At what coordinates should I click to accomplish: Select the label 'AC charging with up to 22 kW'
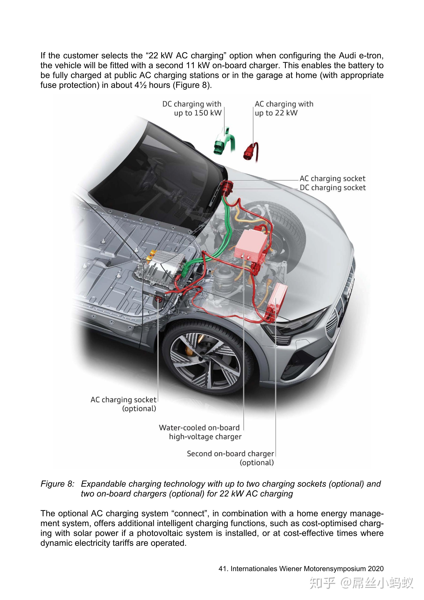pyautogui.click(x=284, y=108)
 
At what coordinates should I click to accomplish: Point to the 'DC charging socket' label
pyautogui.click(x=333, y=188)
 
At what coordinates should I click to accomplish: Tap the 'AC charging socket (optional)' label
pyautogui.click(x=123, y=404)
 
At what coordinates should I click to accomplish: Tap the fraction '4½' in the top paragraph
pyautogui.click(x=141, y=85)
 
